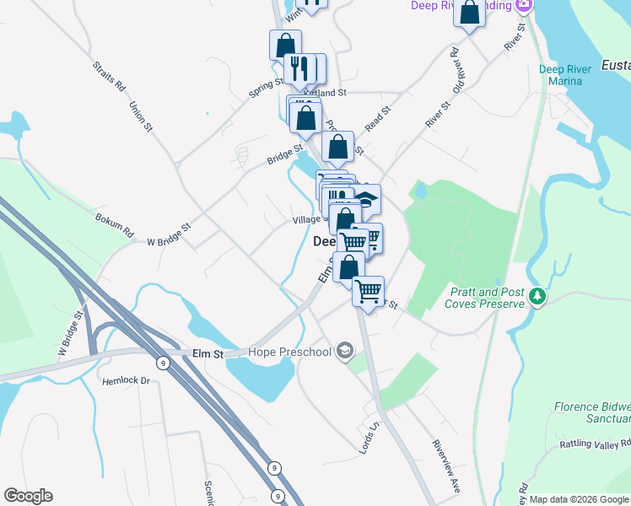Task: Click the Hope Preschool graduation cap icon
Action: point(343,350)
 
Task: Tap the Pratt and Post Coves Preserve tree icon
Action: point(535,297)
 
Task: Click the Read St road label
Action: point(378,118)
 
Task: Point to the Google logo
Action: point(28,496)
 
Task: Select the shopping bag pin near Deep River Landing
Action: point(470,13)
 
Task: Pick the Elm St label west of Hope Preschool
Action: point(207,354)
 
